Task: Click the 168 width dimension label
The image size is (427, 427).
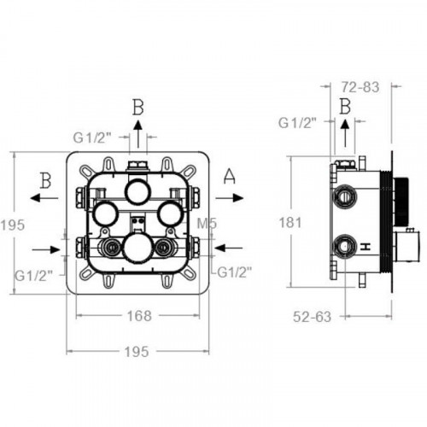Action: (139, 316)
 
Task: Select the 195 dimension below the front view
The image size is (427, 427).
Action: (137, 352)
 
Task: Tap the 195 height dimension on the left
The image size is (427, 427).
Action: (13, 225)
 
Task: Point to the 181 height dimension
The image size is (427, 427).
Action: (290, 222)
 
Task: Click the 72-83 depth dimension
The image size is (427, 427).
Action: (360, 87)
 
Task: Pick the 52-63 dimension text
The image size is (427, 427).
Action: (313, 317)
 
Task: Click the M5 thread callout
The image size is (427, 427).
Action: (207, 224)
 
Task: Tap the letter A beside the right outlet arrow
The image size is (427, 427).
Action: (230, 176)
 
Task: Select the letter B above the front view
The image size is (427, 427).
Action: (138, 108)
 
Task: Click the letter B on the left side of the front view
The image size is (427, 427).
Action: (46, 180)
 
